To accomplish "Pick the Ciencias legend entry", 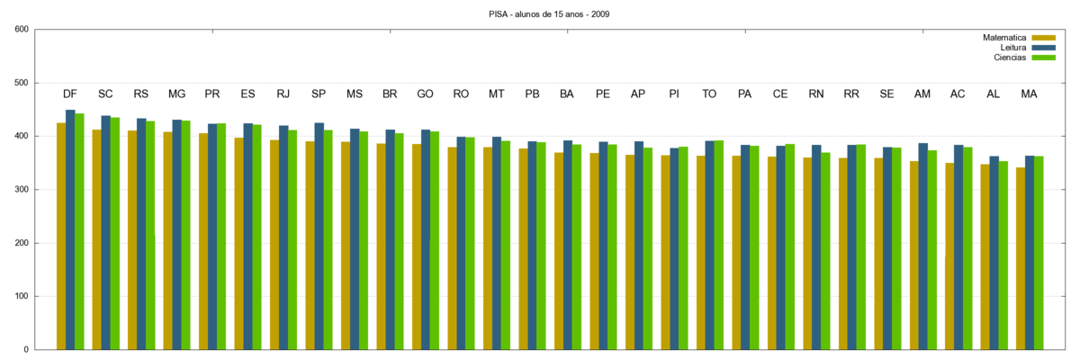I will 1010,58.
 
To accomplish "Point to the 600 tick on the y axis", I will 22,30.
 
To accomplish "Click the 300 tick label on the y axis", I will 22,190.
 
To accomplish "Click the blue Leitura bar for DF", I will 70,229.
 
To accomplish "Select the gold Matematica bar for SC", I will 96,239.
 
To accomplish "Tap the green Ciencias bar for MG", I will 185,235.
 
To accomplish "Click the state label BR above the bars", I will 390,94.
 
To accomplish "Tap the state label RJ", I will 283,94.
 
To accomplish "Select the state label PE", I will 603,94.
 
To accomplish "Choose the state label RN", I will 816,94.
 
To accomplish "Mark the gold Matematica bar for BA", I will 559,251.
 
